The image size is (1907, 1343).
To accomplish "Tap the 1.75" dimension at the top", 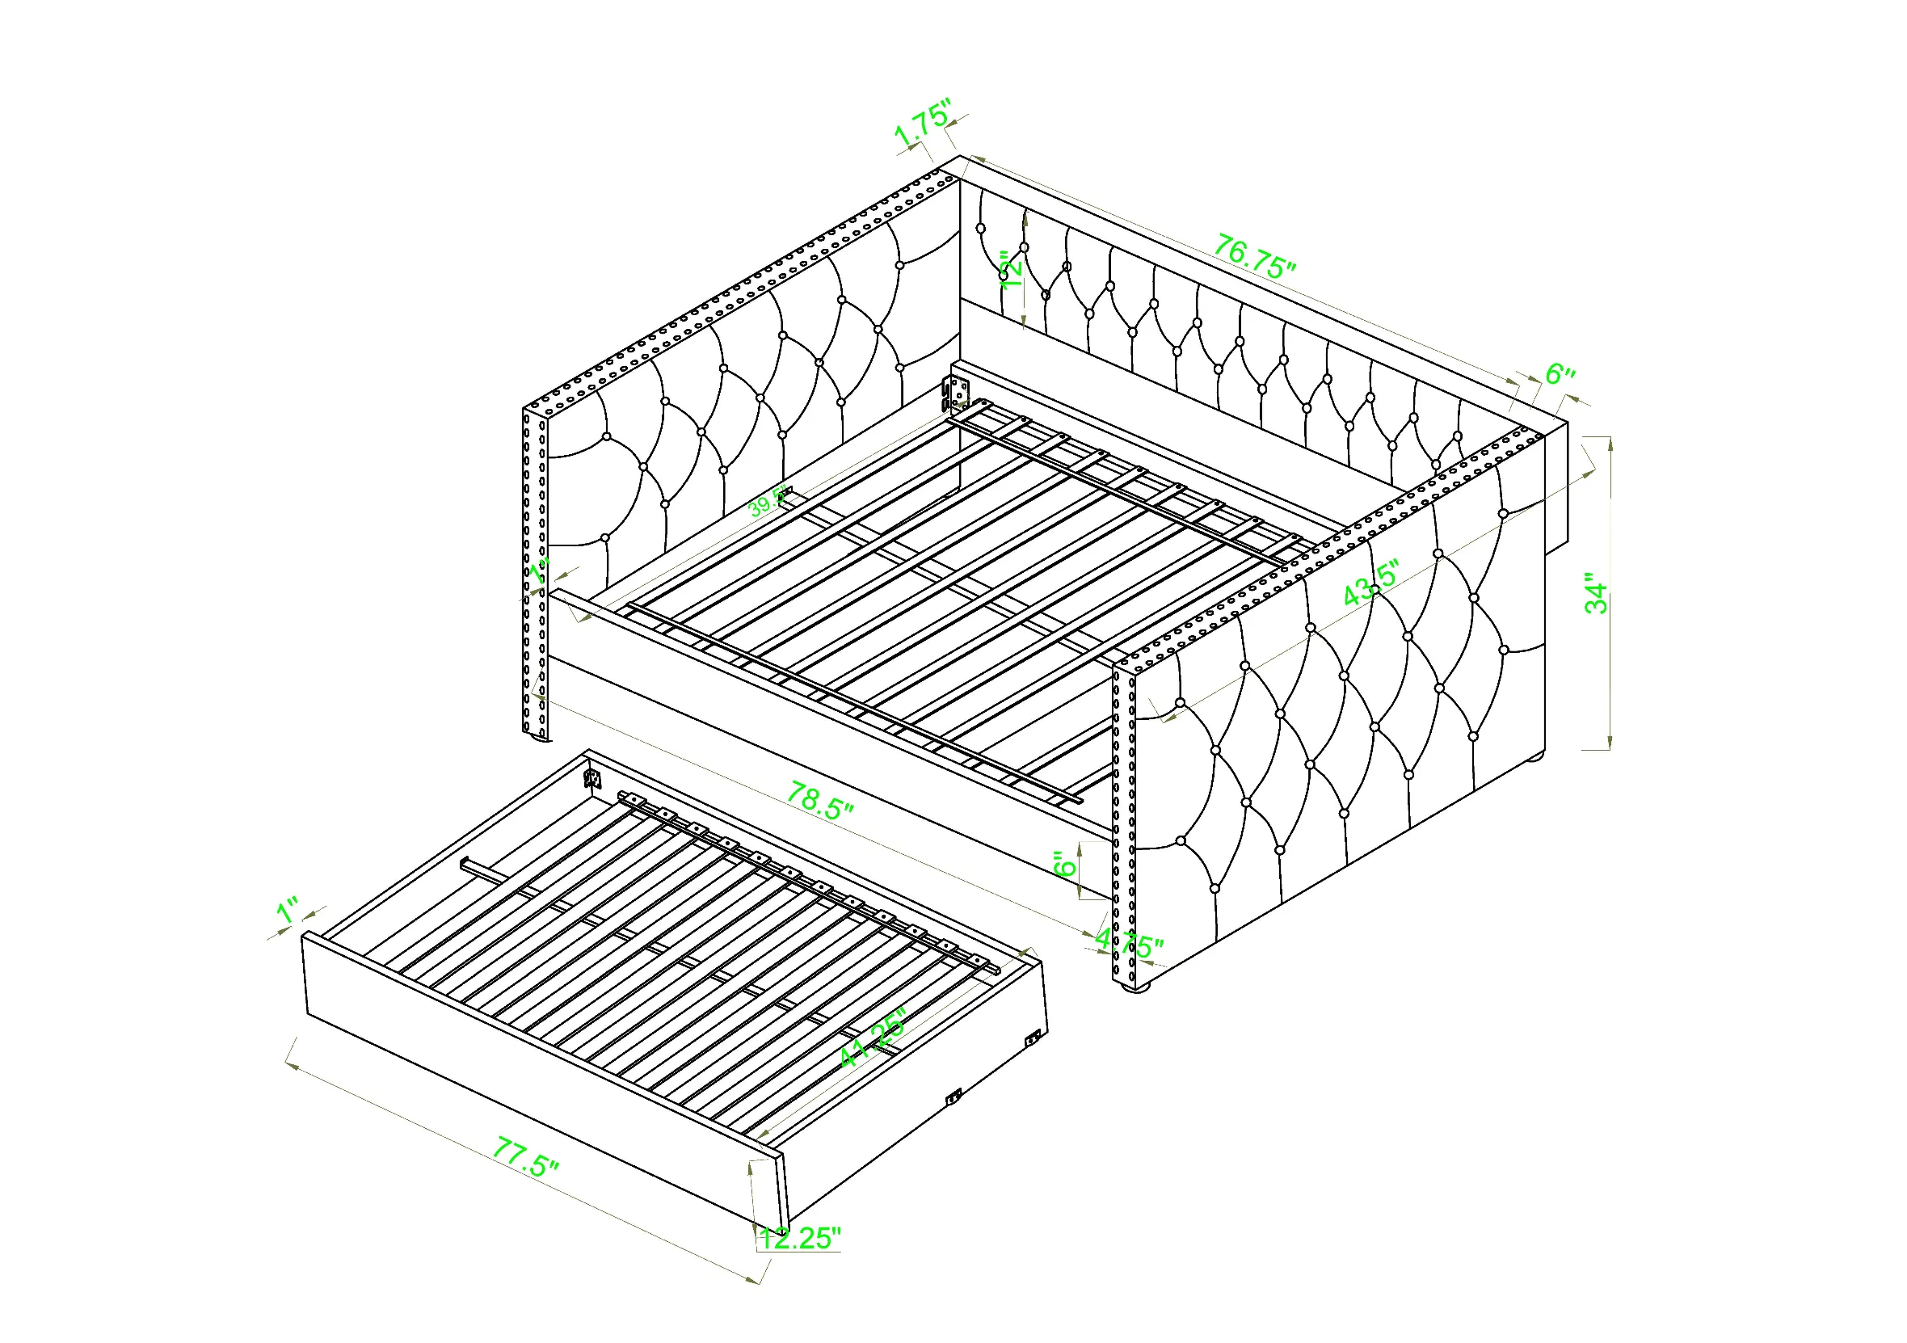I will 923,124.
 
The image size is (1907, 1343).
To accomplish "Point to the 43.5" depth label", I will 1371,585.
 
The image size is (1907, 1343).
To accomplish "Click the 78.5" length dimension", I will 820,801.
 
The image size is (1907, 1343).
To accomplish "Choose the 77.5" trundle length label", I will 526,1156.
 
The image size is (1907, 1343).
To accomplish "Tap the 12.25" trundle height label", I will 800,1238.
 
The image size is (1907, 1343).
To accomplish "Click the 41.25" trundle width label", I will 872,1039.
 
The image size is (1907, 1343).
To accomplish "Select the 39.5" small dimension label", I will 768,502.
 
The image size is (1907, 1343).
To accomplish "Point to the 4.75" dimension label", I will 1130,945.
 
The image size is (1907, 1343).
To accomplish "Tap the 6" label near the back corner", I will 1560,374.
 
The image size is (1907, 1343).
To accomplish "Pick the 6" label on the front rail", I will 1064,864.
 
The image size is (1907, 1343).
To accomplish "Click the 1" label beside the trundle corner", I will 288,911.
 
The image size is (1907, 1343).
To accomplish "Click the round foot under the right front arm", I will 1135,987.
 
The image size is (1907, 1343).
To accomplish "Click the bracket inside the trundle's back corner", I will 592,778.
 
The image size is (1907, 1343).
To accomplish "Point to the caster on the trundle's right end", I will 1033,1038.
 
